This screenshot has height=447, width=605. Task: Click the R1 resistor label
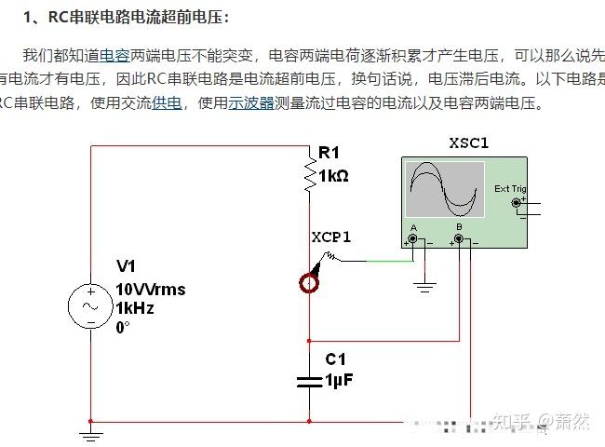point(329,153)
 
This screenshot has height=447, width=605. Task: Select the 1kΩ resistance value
point(333,175)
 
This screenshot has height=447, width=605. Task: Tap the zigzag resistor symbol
point(309,173)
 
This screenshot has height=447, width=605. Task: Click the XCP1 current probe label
point(331,237)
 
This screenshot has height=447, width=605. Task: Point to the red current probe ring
point(309,282)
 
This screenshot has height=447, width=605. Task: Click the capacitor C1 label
point(335,359)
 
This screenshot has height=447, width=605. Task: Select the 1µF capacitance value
point(339,380)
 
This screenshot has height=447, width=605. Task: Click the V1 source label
point(127,267)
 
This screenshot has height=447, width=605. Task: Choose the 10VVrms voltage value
point(150,289)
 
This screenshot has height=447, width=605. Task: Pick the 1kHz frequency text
point(135,307)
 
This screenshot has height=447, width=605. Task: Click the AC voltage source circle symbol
point(91,306)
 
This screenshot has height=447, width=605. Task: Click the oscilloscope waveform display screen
point(445,188)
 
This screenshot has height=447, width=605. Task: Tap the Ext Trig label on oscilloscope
point(509,188)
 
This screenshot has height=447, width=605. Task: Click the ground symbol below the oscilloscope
point(425,288)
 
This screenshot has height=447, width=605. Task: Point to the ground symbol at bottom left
point(90,434)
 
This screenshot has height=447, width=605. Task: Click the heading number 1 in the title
point(29,18)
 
